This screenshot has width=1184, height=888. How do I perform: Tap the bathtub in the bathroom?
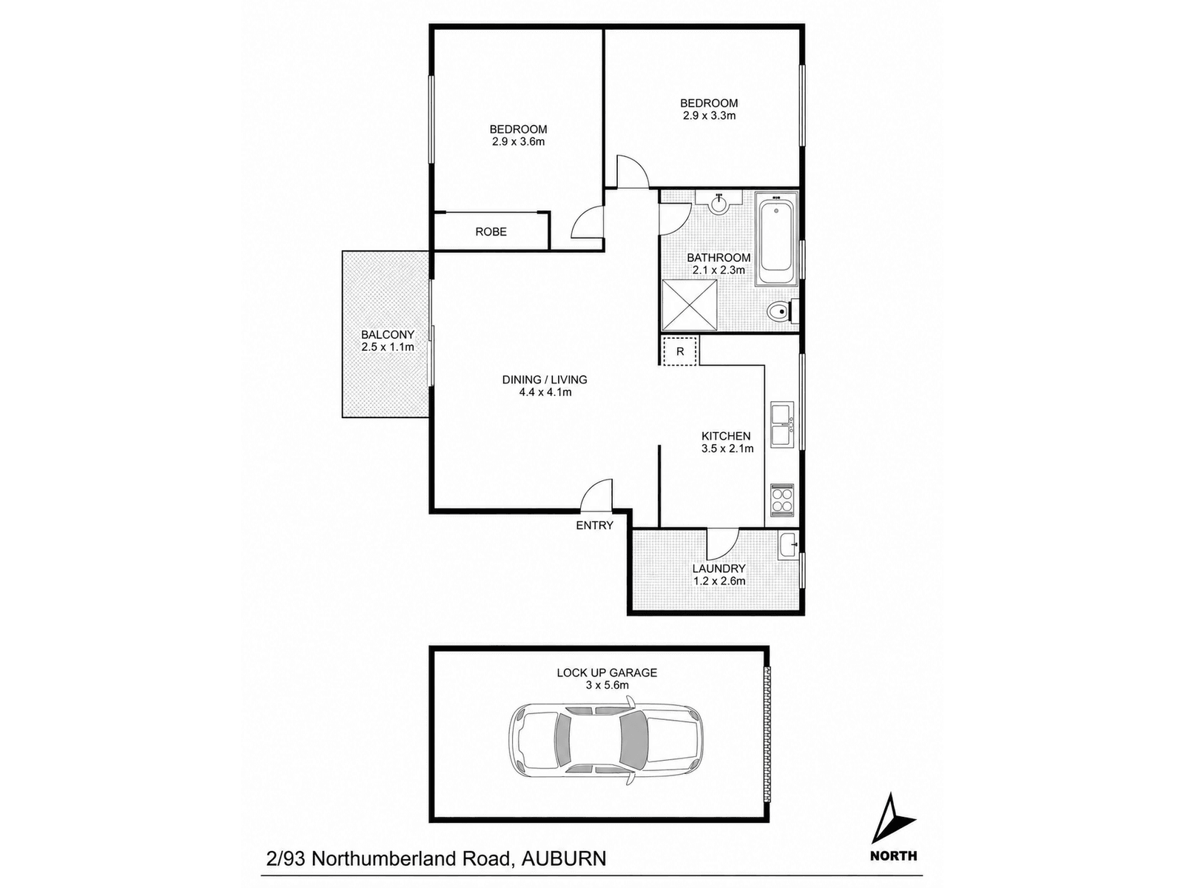[x=776, y=238]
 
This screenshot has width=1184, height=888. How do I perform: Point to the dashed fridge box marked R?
[x=679, y=351]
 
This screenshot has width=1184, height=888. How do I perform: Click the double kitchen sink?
[x=781, y=424]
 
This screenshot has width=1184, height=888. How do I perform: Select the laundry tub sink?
[x=787, y=545]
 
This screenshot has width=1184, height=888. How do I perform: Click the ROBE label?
[x=491, y=232]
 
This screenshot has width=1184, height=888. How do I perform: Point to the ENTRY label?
[x=594, y=525]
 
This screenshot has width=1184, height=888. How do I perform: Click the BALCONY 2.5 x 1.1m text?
[x=387, y=340]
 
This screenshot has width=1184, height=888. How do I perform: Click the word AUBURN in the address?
[x=563, y=858]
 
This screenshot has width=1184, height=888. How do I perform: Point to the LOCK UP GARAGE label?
[x=607, y=673]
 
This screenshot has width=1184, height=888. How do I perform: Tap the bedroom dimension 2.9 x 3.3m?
[x=709, y=115]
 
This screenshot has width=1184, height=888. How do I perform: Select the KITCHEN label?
[x=725, y=436]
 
